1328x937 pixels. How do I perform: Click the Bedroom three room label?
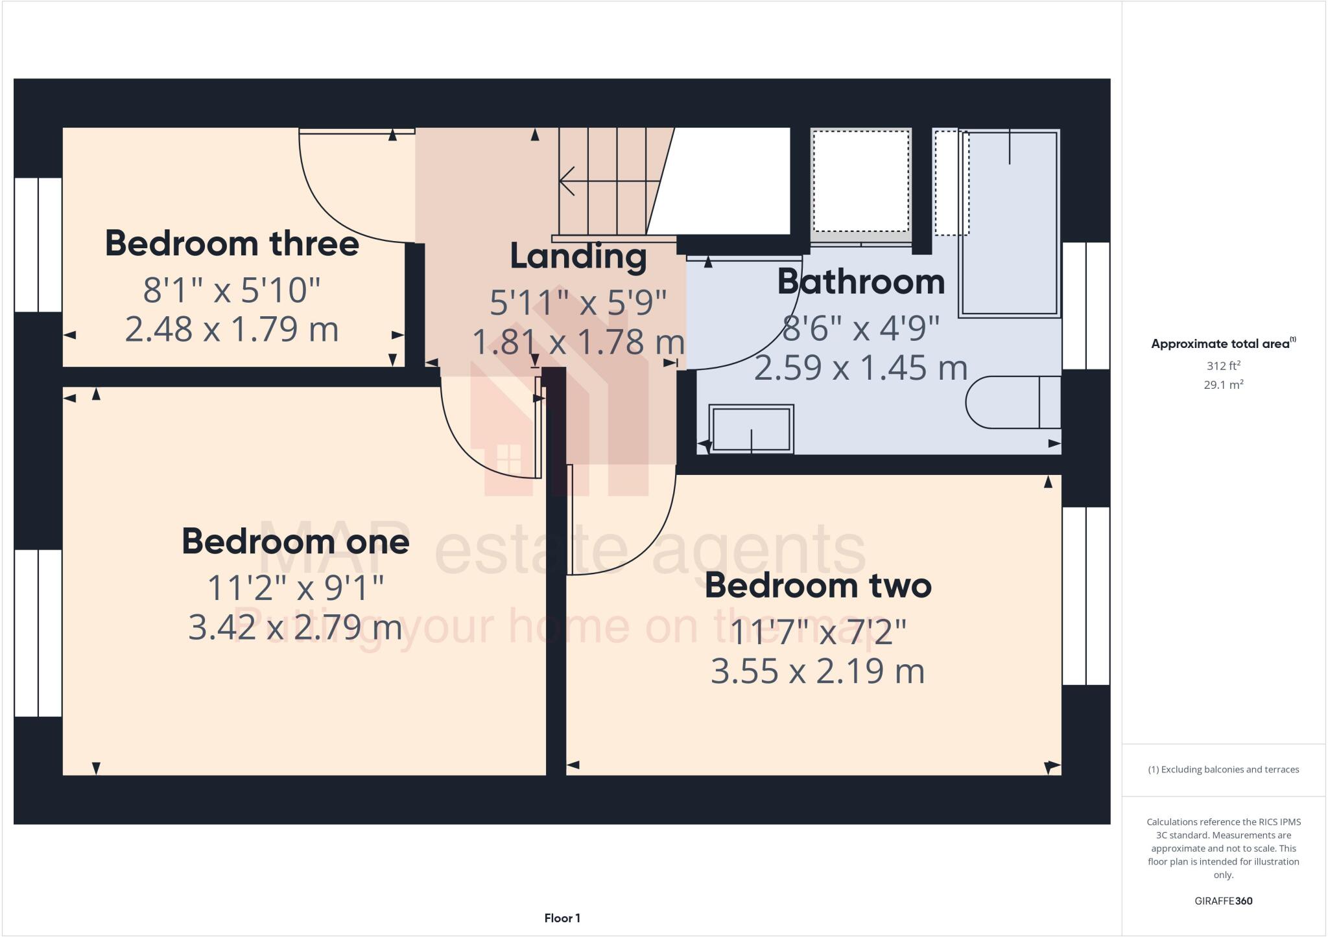[x=231, y=244]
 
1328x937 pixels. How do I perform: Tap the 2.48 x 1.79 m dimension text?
[x=231, y=329]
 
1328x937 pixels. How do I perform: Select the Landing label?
[x=578, y=257]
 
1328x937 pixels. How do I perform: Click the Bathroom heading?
[x=860, y=282]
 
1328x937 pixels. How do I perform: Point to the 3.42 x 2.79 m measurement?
[x=295, y=627]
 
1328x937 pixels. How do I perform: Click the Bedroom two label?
[x=818, y=585]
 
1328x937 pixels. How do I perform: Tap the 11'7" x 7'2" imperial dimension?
[x=818, y=632]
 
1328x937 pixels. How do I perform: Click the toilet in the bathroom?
[x=1012, y=402]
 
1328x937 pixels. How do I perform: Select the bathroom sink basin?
[x=751, y=429]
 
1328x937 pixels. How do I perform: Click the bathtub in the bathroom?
[x=1009, y=224]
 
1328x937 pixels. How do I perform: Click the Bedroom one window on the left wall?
[x=38, y=632]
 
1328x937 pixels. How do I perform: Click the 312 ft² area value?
[x=1223, y=365]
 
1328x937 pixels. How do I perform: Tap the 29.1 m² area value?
[x=1223, y=385]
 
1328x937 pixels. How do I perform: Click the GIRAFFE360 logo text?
[x=1223, y=901]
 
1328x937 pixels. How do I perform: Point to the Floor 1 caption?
[x=562, y=918]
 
